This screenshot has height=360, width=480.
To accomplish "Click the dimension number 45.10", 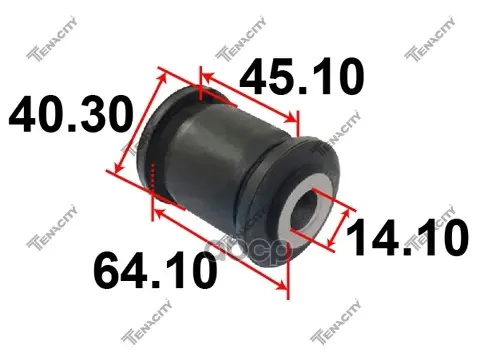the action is point(301,76).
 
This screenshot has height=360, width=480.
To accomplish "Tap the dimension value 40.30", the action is point(71,114).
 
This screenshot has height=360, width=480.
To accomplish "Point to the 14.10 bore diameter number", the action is point(407,237).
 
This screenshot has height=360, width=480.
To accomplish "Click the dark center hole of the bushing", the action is point(304,211).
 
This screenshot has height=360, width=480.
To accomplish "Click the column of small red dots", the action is point(153,176).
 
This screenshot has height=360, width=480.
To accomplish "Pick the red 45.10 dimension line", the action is point(249,98).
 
